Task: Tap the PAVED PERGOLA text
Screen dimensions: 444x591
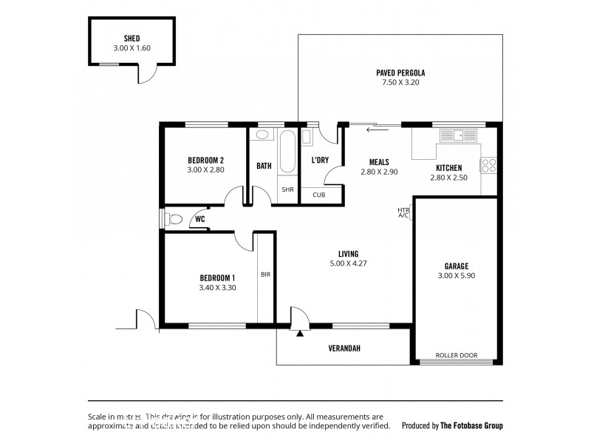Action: pyautogui.click(x=399, y=73)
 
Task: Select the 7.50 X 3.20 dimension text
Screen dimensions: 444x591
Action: pyautogui.click(x=399, y=83)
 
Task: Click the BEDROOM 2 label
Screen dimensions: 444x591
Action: pyautogui.click(x=205, y=160)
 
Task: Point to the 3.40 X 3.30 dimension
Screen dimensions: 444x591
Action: pyautogui.click(x=217, y=288)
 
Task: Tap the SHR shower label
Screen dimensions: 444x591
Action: pyautogui.click(x=287, y=189)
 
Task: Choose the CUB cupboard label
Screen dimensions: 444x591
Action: pyautogui.click(x=319, y=195)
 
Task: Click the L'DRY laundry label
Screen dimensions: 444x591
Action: pyautogui.click(x=320, y=160)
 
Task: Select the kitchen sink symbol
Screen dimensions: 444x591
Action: pyautogui.click(x=459, y=135)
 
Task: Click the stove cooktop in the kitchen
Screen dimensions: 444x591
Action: pyautogui.click(x=488, y=165)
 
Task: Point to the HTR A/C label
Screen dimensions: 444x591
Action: pyautogui.click(x=403, y=212)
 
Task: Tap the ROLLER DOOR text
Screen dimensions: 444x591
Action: pyautogui.click(x=456, y=355)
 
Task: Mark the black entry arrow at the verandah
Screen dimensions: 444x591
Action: pyautogui.click(x=299, y=334)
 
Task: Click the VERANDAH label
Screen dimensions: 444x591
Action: pyautogui.click(x=344, y=349)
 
